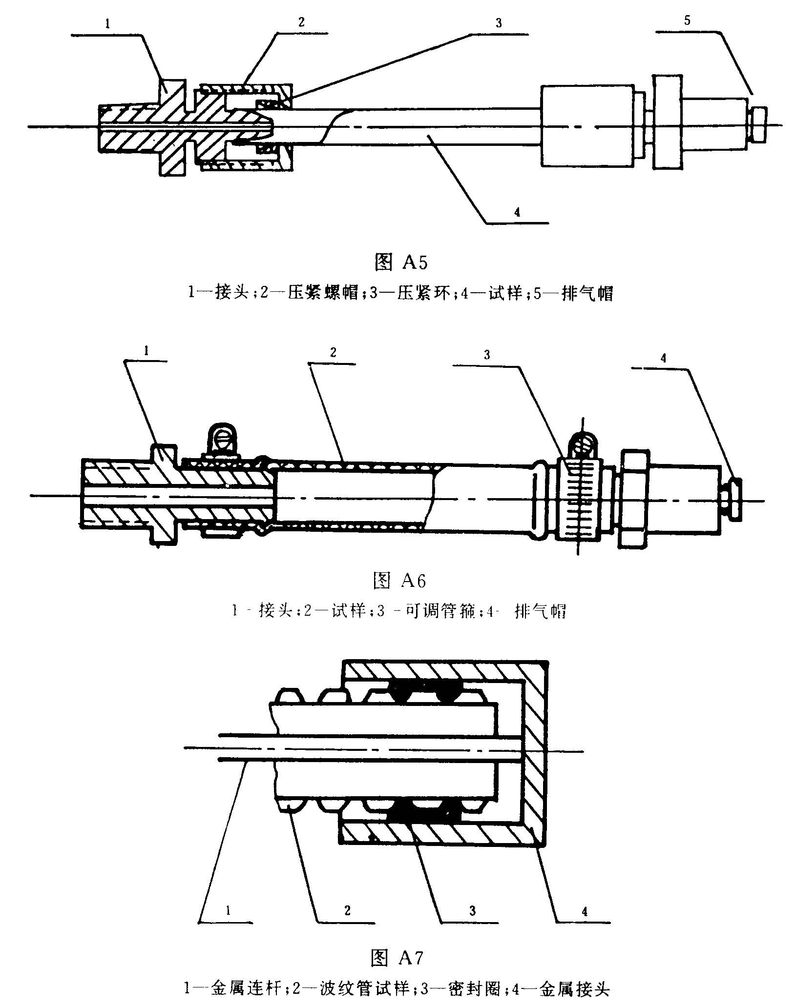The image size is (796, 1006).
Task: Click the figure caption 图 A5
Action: pos(400,262)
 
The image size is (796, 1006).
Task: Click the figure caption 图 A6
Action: pos(399,581)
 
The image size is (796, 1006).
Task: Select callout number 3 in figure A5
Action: pos(499,23)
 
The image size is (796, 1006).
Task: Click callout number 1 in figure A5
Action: pos(106,24)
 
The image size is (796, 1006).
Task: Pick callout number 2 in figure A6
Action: pos(333,353)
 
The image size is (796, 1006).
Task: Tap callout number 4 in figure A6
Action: pos(663,358)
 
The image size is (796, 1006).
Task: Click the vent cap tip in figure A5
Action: pos(758,124)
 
